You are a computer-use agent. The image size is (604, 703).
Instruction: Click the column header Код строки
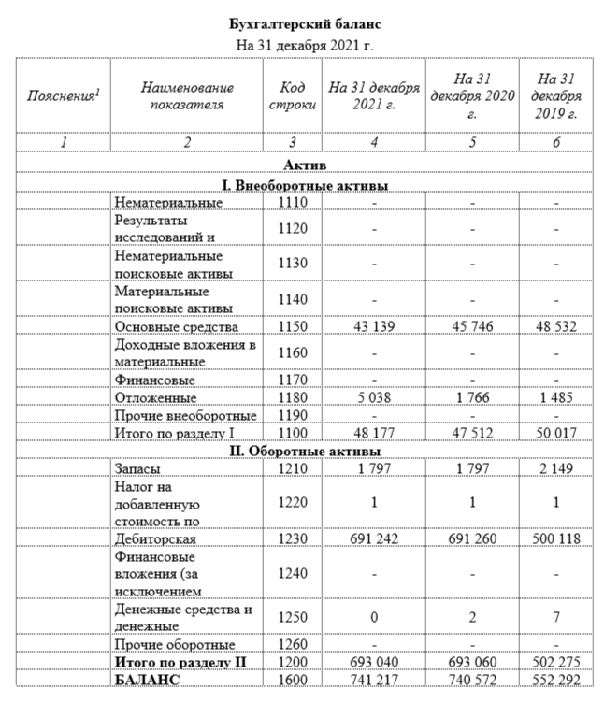click(x=293, y=96)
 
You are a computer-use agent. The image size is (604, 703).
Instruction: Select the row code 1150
click(x=293, y=326)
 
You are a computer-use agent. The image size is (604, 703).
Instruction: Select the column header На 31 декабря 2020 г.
click(x=473, y=96)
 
